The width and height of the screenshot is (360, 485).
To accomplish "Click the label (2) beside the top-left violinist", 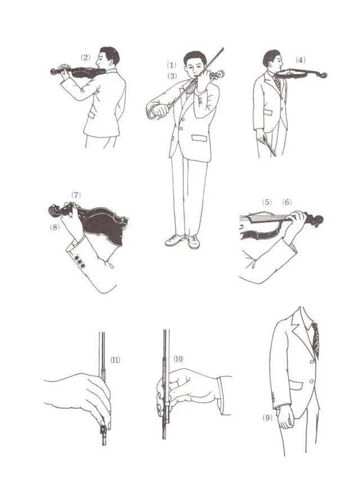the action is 85,57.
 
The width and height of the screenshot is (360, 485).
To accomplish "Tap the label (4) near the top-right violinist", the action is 300,60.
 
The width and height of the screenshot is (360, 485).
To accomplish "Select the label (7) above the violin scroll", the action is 76,195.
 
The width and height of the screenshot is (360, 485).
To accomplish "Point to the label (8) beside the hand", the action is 55,228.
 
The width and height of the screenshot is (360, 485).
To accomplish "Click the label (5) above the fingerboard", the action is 267,202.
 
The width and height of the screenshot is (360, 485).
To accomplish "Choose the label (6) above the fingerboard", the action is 287,202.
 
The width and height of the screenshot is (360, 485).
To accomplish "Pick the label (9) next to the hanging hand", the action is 267,418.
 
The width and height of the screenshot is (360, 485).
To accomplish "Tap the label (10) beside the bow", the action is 178,359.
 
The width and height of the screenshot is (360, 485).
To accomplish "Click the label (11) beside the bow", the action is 115,360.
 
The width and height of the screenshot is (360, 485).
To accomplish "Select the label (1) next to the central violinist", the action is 172,65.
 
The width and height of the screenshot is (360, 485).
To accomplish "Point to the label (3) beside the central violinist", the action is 172,76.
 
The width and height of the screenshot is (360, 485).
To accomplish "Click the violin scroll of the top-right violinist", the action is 322,75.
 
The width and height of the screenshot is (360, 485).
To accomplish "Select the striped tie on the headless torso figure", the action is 316,340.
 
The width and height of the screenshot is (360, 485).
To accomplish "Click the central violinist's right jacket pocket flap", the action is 199,138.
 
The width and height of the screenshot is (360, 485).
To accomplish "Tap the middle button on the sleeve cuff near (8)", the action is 79,262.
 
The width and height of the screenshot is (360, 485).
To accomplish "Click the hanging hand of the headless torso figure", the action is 285,417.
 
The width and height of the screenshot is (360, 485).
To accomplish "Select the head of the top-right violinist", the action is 272,60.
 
